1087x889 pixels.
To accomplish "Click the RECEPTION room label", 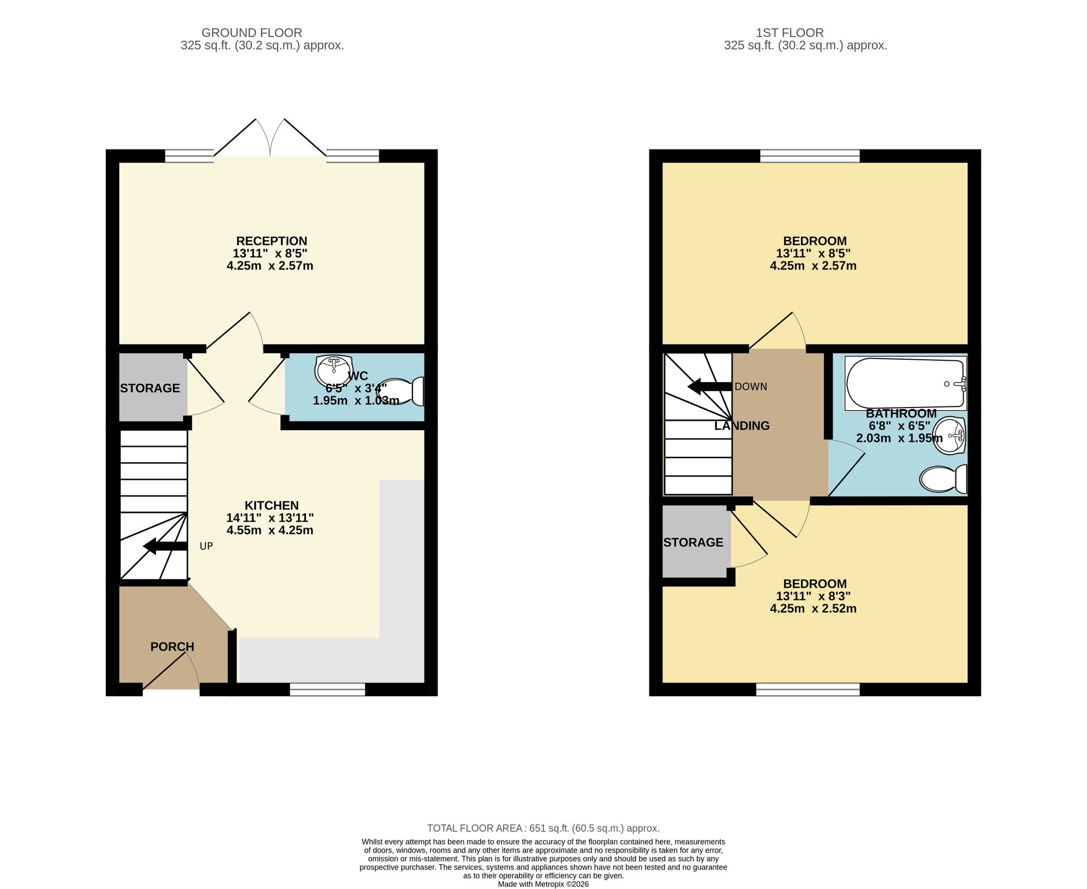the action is (x=271, y=241).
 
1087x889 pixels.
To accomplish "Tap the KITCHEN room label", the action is (x=271, y=505).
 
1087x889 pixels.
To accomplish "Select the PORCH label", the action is (x=172, y=647).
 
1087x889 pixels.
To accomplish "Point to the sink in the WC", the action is (x=333, y=371).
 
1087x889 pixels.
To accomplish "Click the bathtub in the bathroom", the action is (x=905, y=383).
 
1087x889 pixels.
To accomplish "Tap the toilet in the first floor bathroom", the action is (x=943, y=479).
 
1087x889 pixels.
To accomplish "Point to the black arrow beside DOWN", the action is (x=710, y=387).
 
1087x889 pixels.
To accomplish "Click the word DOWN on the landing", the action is (x=751, y=387).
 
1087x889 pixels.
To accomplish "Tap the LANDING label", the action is (x=742, y=426).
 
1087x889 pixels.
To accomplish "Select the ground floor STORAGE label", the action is (x=150, y=388).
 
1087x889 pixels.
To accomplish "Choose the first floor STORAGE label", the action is (x=693, y=542).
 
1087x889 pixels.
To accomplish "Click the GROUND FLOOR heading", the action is (x=252, y=33).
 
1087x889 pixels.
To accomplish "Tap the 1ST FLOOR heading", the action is (x=790, y=33).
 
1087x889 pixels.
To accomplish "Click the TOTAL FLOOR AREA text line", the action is (x=543, y=828).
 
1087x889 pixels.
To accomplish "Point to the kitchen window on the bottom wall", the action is (x=327, y=690).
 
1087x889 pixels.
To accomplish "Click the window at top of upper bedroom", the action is (x=810, y=156).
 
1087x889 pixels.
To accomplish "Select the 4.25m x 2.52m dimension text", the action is (x=813, y=609).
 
